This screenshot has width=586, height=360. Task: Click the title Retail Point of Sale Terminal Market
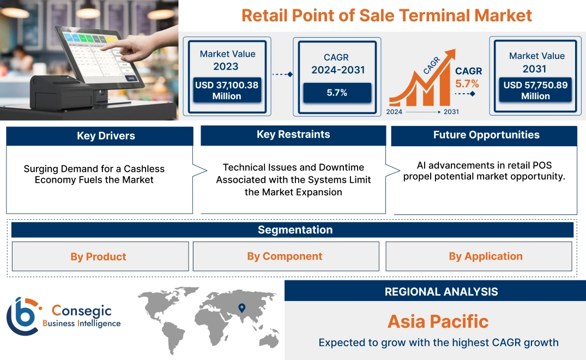(386, 15)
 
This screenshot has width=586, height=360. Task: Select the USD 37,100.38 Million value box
(226, 91)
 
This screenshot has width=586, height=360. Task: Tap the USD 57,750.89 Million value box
(535, 91)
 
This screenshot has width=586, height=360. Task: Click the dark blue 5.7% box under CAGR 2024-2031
(337, 93)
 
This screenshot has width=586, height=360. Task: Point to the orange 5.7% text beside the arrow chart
(467, 83)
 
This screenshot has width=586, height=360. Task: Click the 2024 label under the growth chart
(395, 112)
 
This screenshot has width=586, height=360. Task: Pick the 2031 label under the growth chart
(451, 112)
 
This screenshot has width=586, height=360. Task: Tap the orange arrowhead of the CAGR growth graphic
(450, 55)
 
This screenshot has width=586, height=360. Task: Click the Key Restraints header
(293, 135)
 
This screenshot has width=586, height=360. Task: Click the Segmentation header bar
(295, 230)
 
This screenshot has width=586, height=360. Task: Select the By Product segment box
(98, 256)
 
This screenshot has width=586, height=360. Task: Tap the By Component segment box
(285, 256)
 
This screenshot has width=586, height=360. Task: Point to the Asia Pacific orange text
(438, 321)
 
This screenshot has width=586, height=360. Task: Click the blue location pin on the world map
(241, 309)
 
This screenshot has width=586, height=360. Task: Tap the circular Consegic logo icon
(23, 316)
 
